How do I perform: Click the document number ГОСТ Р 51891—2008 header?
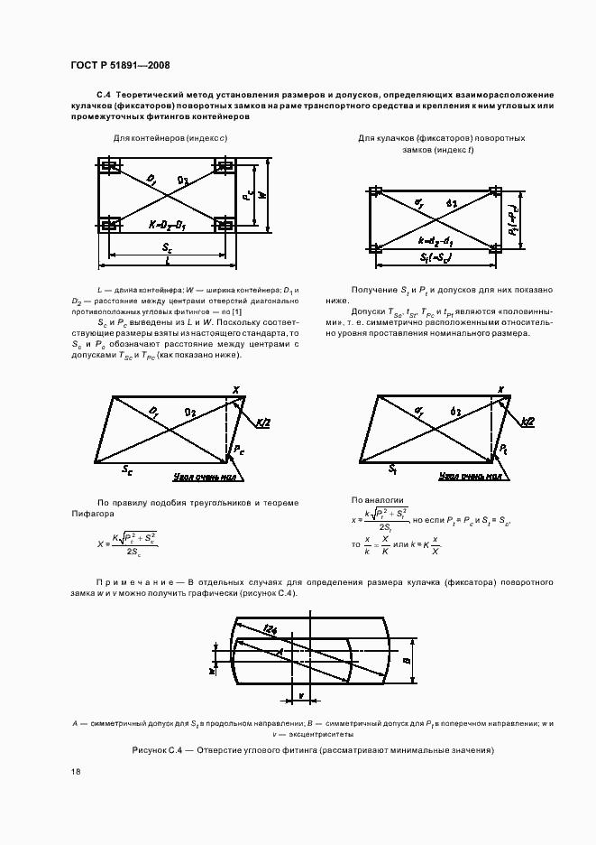[x=119, y=66]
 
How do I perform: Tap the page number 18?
[x=75, y=771]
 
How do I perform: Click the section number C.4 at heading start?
[x=103, y=94]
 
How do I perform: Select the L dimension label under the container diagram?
[x=170, y=261]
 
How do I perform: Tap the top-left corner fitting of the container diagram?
[x=109, y=167]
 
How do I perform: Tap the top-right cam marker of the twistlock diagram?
[x=495, y=191]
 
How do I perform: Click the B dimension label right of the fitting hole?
[x=408, y=660]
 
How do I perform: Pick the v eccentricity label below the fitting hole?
[x=300, y=696]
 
